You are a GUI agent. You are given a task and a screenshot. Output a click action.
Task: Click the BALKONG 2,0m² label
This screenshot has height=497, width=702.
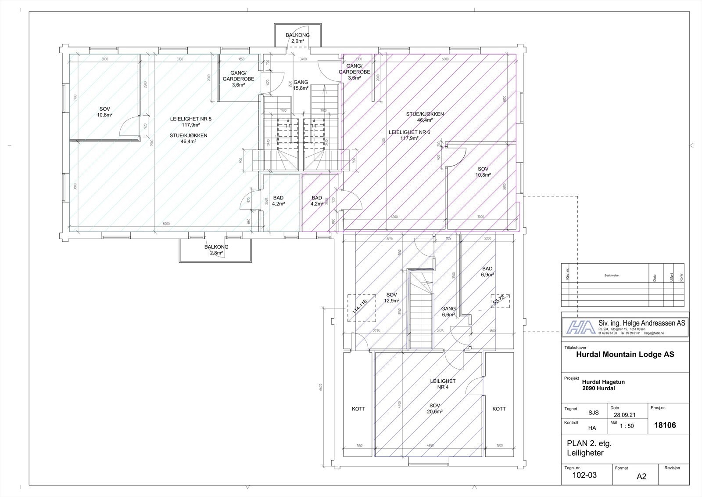297,38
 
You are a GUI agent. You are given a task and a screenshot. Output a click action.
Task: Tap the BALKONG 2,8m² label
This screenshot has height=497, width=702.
216,250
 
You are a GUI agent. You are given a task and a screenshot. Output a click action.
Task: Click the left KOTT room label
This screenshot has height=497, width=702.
358,409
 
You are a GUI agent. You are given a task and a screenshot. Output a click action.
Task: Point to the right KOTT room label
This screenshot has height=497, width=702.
499,409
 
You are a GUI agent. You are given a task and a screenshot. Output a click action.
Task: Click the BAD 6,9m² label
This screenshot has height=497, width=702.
487,272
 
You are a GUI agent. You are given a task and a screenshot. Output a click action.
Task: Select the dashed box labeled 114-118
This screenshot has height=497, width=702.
362,308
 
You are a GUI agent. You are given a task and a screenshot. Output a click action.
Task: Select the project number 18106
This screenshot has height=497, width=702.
665,425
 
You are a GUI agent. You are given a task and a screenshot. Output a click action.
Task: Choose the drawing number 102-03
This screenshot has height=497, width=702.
585,475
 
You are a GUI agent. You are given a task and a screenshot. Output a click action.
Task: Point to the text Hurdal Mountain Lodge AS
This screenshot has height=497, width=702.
625,355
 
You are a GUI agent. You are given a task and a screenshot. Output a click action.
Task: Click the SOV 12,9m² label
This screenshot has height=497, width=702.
391,298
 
